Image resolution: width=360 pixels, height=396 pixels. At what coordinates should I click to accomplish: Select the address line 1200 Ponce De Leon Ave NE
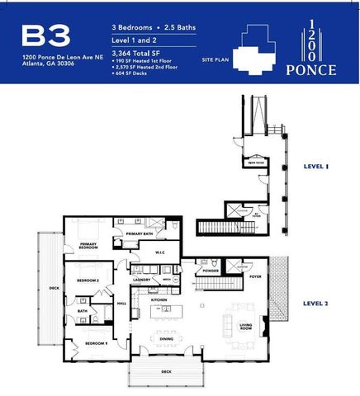point(62,57)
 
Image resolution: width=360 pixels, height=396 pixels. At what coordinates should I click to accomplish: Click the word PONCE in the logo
point(311,70)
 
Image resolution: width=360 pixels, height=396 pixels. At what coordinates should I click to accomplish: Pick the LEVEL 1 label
point(316,167)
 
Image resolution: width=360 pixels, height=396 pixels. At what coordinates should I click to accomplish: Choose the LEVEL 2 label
point(315,303)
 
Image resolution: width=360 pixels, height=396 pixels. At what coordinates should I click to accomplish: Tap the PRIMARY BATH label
point(140,234)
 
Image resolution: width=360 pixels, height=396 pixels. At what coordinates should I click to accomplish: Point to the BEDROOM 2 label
point(88,281)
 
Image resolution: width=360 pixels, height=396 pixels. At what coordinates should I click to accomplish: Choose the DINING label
point(166,338)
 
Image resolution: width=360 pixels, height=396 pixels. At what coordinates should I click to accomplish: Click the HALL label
point(121,304)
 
